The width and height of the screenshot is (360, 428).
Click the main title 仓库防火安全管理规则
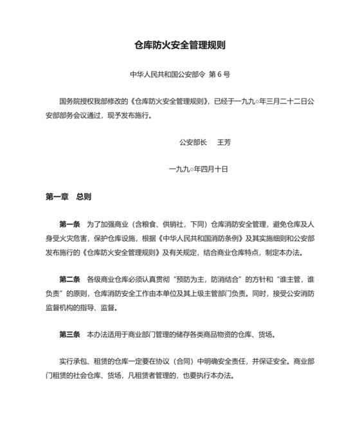tap(179, 46)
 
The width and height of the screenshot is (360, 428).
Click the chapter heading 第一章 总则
tap(68, 197)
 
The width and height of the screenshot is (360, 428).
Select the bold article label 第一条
tap(69, 225)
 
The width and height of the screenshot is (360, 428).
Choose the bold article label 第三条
tap(69, 335)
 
